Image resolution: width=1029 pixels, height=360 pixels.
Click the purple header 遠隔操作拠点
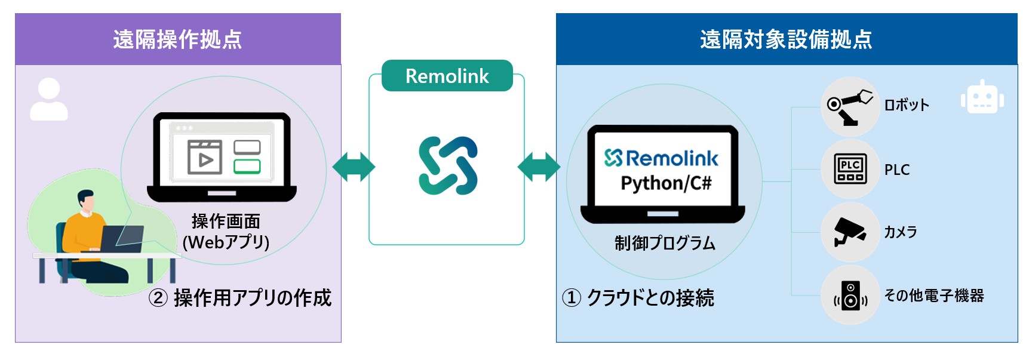177,39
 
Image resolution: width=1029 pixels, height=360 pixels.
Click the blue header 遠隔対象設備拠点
786,39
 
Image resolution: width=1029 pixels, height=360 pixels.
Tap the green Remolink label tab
447,76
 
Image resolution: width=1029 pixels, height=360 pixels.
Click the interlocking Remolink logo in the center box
448,165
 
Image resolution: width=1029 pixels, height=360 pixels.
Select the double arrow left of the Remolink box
354,167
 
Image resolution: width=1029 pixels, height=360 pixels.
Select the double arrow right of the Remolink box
539,167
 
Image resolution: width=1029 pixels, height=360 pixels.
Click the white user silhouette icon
49,99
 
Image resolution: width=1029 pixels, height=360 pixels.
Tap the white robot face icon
982,98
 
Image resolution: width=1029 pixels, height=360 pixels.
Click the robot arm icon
849,106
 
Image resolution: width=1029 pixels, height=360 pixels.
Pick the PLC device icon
850,169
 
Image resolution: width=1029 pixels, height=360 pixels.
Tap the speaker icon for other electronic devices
850,296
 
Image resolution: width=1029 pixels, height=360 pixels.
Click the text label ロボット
907,105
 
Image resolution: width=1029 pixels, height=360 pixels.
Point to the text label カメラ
900,232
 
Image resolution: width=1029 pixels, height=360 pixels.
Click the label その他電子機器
933,296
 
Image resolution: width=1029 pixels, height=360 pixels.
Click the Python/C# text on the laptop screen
666,183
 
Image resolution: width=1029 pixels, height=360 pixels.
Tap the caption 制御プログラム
665,243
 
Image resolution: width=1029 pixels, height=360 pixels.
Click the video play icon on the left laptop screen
204,157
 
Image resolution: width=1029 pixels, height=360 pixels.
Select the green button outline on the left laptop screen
247,166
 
